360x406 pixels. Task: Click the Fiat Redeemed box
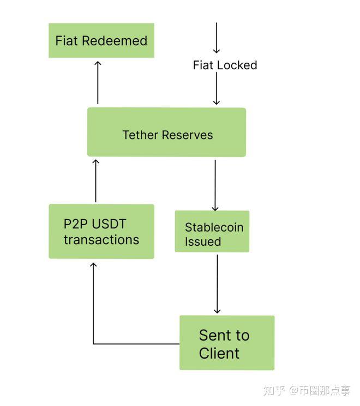coord(101,40)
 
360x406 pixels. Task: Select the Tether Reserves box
coord(166,132)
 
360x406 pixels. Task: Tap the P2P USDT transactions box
coord(101,231)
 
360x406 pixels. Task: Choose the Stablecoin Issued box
coord(212,232)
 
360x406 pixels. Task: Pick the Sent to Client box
coord(227,343)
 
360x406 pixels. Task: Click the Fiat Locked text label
coord(225,65)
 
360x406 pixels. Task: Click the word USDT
coord(110,224)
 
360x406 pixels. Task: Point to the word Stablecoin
coord(214,227)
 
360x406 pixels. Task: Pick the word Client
coord(219,353)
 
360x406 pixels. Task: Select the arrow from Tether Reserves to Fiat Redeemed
coord(98,83)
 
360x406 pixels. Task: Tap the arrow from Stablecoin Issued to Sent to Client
coord(217,283)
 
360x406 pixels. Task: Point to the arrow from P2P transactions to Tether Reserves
coord(95,181)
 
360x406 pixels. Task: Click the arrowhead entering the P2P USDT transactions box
coord(93,265)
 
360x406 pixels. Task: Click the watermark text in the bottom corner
coord(307,390)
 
